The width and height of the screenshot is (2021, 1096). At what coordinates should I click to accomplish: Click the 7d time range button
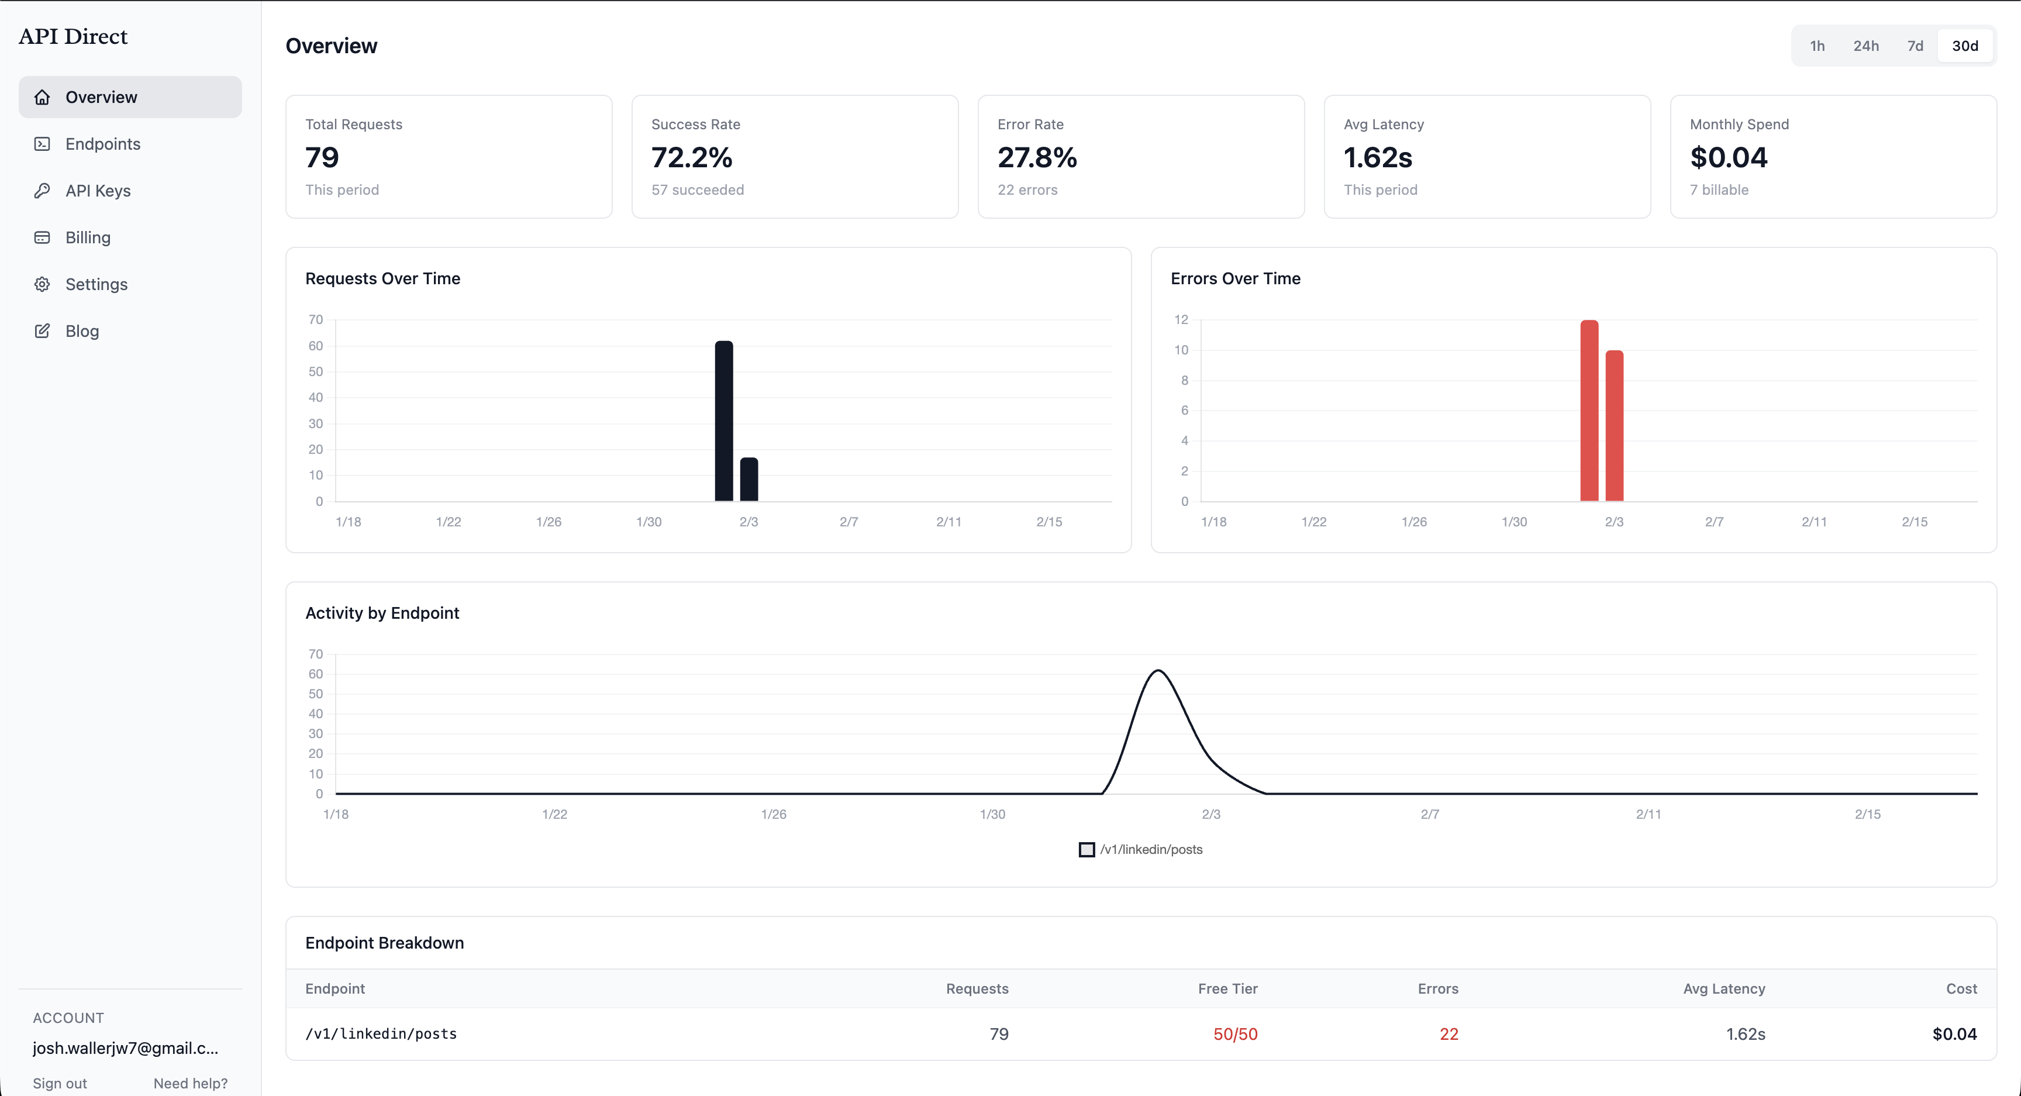[1915, 46]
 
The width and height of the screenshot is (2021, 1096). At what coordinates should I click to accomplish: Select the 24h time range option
[1865, 46]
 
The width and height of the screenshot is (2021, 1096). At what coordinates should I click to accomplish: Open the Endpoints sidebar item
[103, 143]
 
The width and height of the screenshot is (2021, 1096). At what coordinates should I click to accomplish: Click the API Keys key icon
[42, 191]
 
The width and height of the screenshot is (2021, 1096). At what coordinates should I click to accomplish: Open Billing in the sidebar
[88, 237]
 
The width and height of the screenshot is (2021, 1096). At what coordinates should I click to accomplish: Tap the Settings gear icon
[42, 284]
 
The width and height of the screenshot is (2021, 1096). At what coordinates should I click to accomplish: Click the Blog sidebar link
[82, 331]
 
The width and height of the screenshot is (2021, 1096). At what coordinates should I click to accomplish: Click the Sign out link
[60, 1083]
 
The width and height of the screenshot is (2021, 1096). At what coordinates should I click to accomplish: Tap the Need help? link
[191, 1083]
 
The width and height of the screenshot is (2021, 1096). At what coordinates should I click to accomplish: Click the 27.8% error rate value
[1036, 158]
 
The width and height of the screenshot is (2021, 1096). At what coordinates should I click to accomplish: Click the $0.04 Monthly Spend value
[1729, 158]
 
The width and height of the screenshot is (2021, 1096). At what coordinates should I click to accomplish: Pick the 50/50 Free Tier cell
[1235, 1034]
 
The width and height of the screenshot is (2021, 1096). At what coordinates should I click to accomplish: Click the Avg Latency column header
[1724, 988]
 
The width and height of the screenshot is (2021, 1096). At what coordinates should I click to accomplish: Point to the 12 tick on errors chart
[1181, 319]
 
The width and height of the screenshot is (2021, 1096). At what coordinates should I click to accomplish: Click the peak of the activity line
[1158, 671]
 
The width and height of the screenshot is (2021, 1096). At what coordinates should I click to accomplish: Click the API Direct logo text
[73, 36]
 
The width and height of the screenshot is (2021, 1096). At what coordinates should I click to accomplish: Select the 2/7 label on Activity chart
[1429, 814]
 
